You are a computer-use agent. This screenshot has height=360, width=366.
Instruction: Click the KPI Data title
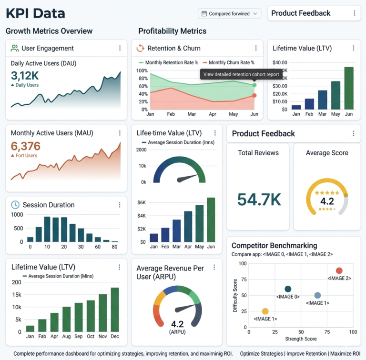35,13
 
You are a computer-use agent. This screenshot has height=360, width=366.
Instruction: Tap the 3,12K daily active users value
25,75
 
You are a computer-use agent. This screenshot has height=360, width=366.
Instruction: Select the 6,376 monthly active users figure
26,146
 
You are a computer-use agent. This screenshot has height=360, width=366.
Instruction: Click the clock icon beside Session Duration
15,205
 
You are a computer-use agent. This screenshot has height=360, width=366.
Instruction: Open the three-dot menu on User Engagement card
120,48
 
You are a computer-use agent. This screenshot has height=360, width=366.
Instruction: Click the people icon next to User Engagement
15,48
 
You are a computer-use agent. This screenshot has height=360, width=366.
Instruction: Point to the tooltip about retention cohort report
241,74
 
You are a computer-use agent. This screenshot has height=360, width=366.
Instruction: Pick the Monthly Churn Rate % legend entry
228,62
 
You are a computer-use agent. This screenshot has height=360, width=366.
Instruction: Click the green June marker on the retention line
254,85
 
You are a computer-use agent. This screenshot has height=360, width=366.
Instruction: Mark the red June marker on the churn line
254,95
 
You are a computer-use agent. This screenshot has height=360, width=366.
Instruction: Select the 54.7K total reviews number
259,200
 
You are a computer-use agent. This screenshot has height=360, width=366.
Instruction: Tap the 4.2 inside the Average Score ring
327,201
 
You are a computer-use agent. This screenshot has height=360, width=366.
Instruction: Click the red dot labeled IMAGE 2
339,270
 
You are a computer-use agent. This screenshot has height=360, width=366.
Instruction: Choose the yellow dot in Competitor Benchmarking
265,311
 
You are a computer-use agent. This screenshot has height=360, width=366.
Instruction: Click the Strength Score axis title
301,339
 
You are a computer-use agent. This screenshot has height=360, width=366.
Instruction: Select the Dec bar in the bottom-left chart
115,309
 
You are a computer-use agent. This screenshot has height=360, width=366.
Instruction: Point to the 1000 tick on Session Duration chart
17,215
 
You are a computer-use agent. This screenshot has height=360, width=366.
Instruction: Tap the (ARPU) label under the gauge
177,332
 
